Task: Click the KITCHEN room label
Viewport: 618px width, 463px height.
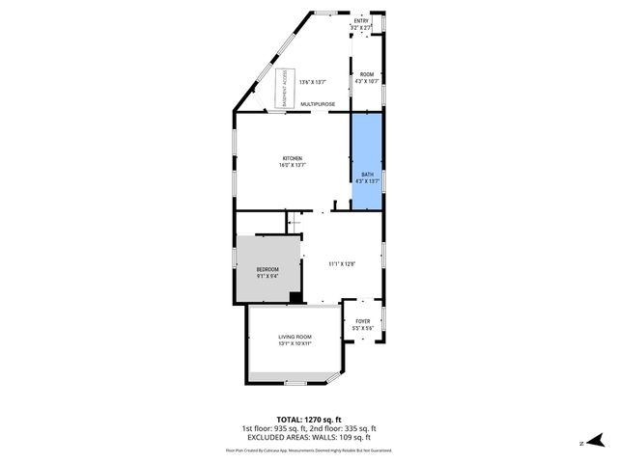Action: (292, 158)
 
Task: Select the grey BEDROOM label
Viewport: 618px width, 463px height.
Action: (267, 269)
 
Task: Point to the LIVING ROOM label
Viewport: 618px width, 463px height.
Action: (295, 337)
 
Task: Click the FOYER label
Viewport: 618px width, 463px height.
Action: (362, 321)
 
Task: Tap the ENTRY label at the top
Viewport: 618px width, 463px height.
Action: (361, 20)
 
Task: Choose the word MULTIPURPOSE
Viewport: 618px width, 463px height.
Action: (318, 103)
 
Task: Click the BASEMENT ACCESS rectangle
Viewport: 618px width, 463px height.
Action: (285, 88)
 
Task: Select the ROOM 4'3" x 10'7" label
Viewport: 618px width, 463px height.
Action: (367, 74)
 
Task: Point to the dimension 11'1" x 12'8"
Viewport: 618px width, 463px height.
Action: (342, 264)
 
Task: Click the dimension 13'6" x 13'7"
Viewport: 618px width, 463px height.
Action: (313, 82)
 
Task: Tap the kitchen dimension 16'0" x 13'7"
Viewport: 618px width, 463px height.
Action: (292, 166)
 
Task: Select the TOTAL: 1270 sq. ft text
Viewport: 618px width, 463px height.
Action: (308, 420)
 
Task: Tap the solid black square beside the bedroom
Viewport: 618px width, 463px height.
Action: (295, 297)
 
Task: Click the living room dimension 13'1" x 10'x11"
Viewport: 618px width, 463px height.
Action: (295, 343)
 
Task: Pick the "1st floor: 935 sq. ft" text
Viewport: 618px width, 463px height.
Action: (274, 428)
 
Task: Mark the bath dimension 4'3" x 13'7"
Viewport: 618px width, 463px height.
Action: (367, 180)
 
